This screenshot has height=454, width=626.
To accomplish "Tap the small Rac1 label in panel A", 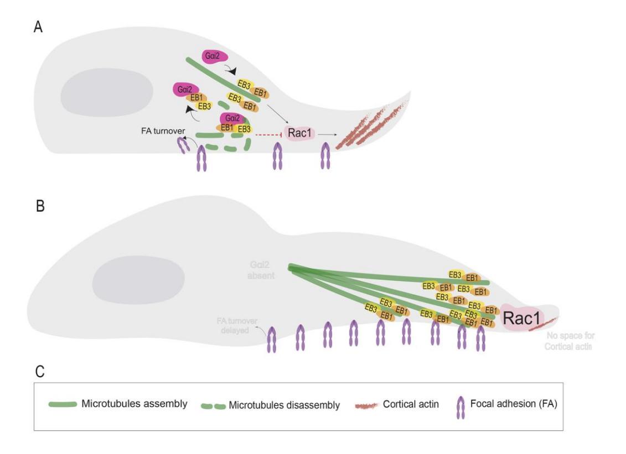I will tap(300, 133).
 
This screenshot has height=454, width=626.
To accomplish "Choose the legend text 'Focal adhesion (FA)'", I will tap(513, 404).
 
